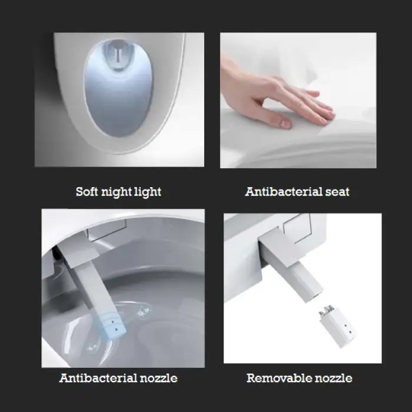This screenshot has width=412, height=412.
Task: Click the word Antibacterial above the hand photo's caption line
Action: point(284,191)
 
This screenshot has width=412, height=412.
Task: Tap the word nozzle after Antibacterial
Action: point(158,378)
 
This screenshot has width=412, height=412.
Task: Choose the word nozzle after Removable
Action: point(334,378)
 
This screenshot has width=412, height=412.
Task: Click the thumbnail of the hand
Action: point(298,101)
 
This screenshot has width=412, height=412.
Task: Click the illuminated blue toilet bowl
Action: point(118,88)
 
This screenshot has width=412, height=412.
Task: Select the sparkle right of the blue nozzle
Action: point(143,312)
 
